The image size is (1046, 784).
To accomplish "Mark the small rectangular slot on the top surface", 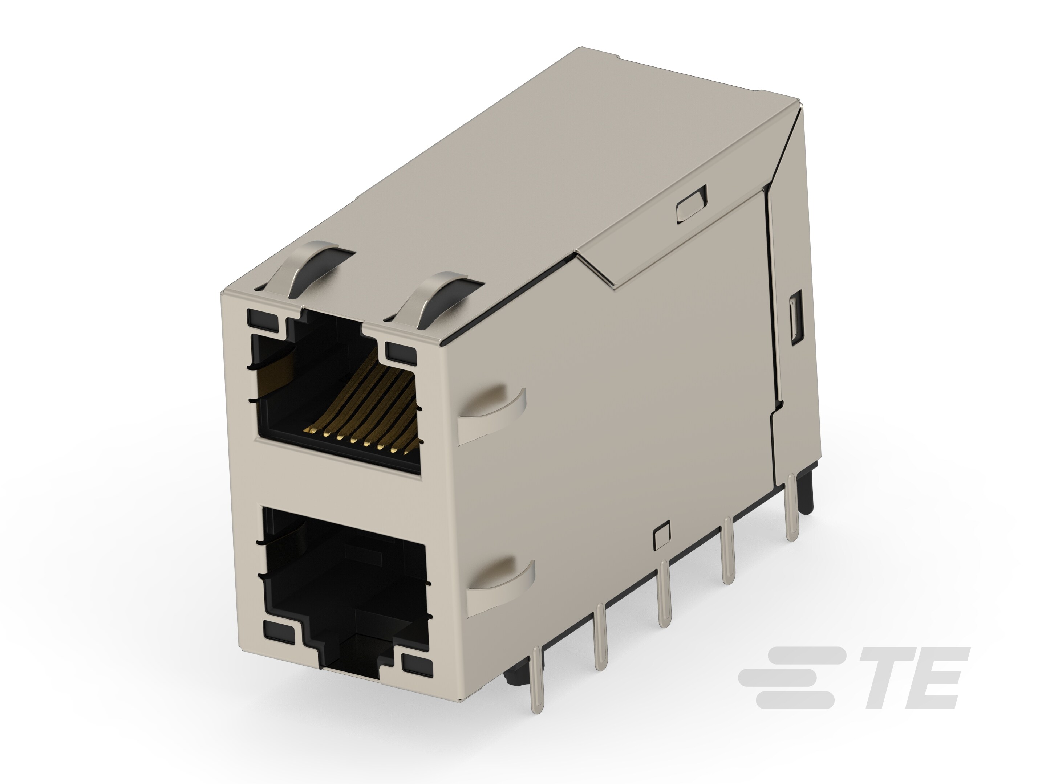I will pos(692,204).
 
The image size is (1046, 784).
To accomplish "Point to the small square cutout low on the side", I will pos(662,536).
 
